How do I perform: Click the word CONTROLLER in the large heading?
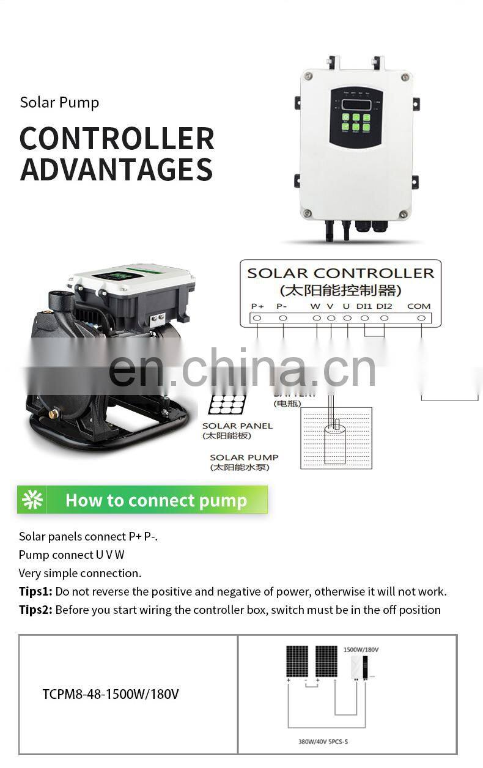(x=117, y=139)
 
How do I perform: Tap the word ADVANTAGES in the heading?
(x=116, y=169)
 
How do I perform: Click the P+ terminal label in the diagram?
(x=257, y=306)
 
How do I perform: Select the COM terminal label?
(x=419, y=306)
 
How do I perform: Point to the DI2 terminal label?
(x=385, y=306)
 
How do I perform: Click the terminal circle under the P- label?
(x=282, y=318)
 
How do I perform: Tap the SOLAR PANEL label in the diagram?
(x=237, y=426)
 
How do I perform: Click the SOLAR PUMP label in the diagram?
(x=244, y=457)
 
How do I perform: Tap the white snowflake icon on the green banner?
(x=32, y=500)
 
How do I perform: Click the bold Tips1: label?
(x=35, y=591)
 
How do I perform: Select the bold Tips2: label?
(x=35, y=610)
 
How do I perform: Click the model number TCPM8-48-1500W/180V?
(x=111, y=694)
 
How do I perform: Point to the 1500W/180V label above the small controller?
(x=361, y=649)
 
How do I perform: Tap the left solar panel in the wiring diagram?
(x=297, y=662)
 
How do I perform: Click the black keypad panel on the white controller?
(x=356, y=116)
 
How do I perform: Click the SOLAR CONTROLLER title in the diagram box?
(x=341, y=273)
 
